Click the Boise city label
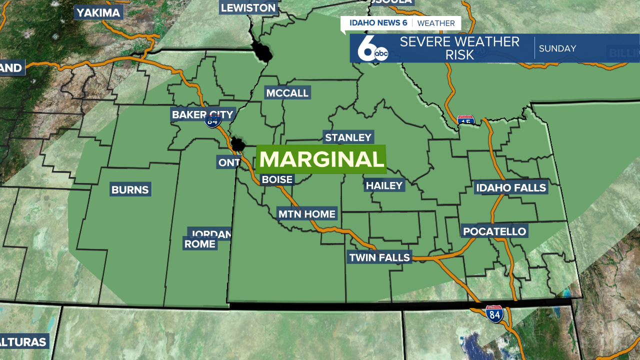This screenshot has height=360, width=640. pyautogui.click(x=277, y=179)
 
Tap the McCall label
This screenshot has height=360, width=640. pyautogui.click(x=287, y=93)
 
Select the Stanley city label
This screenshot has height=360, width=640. pyautogui.click(x=348, y=137)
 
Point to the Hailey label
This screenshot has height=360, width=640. pyautogui.click(x=384, y=185)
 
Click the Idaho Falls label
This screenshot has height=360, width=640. pyautogui.click(x=511, y=188)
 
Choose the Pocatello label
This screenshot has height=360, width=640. pyautogui.click(x=494, y=231)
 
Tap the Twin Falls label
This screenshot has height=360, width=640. pyautogui.click(x=379, y=257)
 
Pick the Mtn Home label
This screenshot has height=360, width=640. pyautogui.click(x=307, y=214)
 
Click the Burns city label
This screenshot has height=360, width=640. pyautogui.click(x=130, y=189)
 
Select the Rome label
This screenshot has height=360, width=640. pyautogui.click(x=199, y=244)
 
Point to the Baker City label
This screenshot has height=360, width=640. pyautogui.click(x=201, y=114)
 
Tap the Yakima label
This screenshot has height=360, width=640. pyautogui.click(x=98, y=12)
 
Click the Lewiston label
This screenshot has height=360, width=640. pyautogui.click(x=248, y=7)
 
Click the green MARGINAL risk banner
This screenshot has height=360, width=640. pyautogui.click(x=321, y=159)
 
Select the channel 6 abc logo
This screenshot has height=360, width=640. pyautogui.click(x=373, y=49)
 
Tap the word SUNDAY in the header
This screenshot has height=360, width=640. pyautogui.click(x=557, y=48)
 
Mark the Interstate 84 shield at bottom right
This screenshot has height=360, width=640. pyautogui.click(x=494, y=314)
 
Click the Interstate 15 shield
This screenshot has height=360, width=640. pyautogui.click(x=466, y=120)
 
